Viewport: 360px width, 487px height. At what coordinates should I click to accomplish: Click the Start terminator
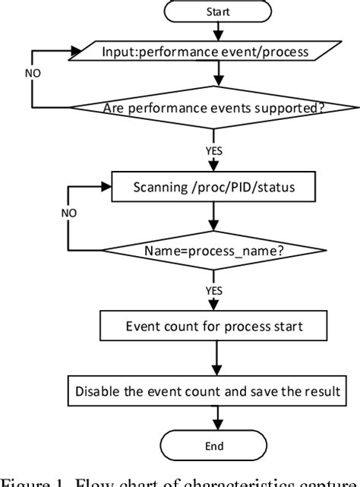(219, 12)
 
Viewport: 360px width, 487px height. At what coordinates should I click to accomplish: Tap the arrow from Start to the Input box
(219, 32)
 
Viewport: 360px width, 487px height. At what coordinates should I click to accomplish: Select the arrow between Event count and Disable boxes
(219, 362)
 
